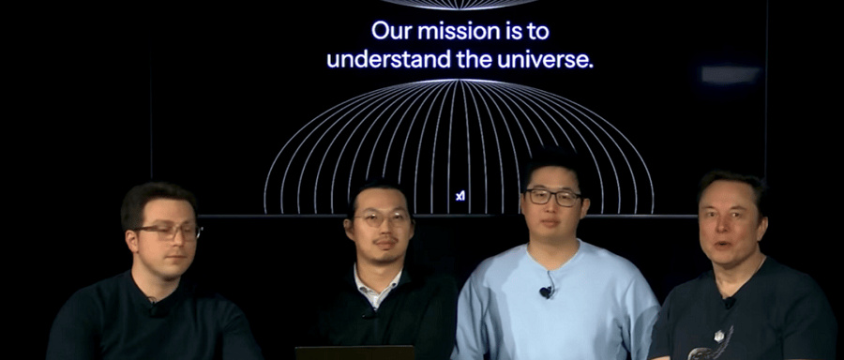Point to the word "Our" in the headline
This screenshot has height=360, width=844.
(391, 31)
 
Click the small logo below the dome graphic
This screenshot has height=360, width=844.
(460, 197)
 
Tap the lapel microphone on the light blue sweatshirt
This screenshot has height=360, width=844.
(545, 292)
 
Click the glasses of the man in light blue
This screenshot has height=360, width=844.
(553, 198)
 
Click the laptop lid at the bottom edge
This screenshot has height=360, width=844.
(354, 353)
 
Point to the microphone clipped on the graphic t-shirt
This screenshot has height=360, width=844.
(730, 303)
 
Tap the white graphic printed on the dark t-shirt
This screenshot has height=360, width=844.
(712, 344)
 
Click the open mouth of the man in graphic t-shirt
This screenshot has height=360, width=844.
(722, 245)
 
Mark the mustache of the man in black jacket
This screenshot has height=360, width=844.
(384, 241)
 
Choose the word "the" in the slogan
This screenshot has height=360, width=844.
(474, 59)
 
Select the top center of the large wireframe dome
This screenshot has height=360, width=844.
(460, 81)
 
